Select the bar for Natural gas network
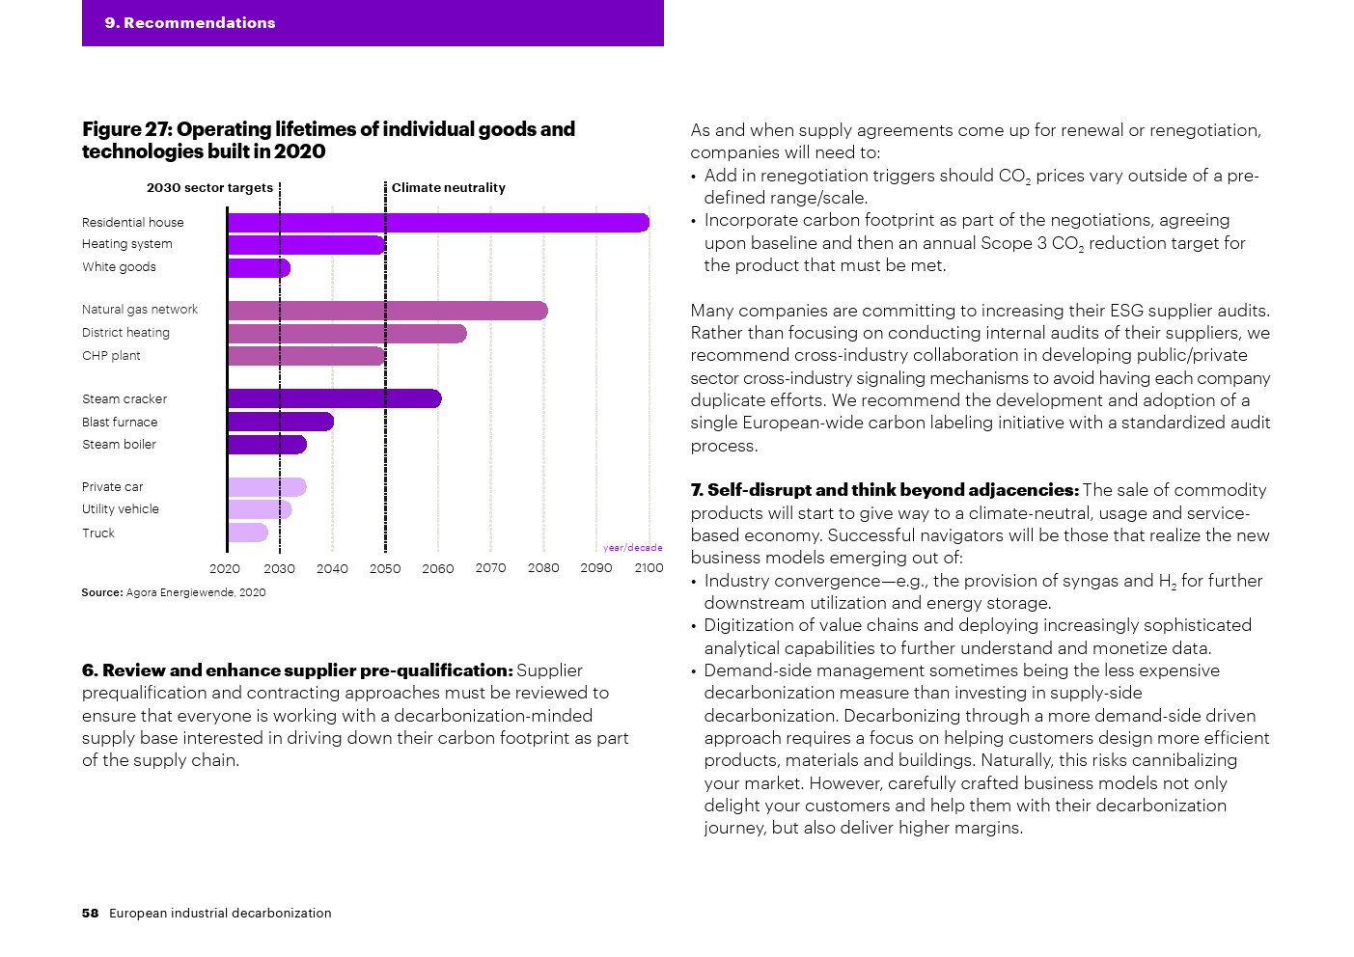coord(387,311)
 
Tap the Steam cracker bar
coord(334,399)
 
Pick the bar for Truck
coord(248,533)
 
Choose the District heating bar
coord(346,334)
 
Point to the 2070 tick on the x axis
coord(490,568)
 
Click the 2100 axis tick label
coord(649,568)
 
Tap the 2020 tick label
coord(225,569)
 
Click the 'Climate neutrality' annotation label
coord(448,188)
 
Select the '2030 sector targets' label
coord(209,188)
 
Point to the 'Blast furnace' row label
coord(120,423)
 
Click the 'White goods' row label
coord(119,267)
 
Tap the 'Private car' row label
coord(112,487)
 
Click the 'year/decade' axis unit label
coord(633,548)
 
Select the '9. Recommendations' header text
coord(190,23)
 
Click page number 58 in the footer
coord(90,914)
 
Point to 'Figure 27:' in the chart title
coord(126,129)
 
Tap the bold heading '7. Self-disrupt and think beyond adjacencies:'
coord(884,490)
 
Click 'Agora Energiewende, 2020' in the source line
coord(196,592)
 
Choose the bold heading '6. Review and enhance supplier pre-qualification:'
coord(297,670)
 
